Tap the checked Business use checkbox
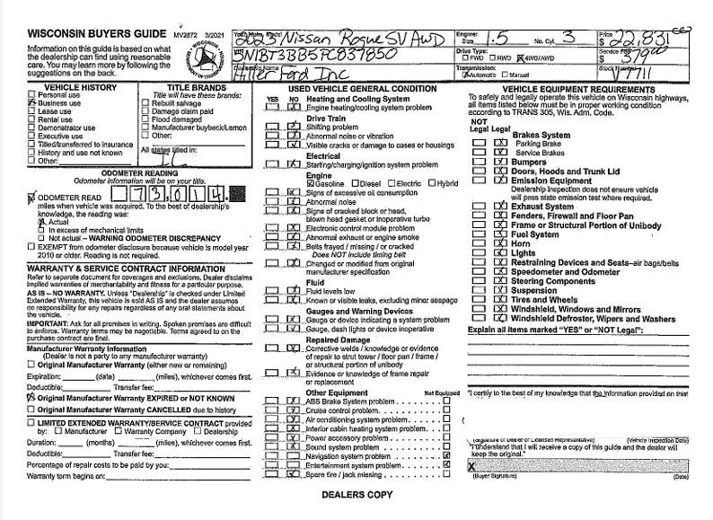[32, 104]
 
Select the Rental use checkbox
[32, 119]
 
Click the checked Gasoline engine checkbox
[309, 183]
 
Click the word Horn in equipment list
[520, 243]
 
